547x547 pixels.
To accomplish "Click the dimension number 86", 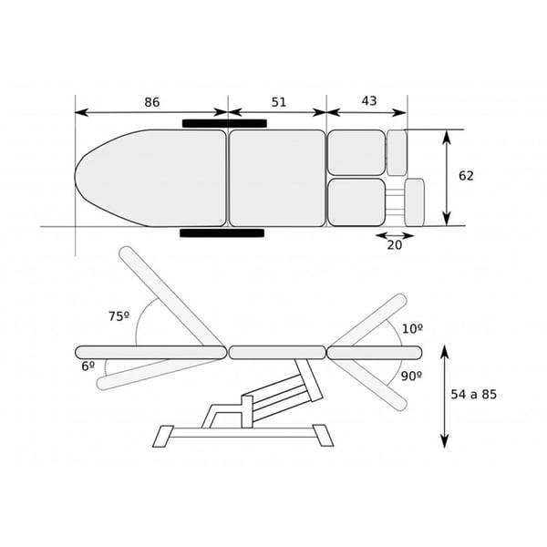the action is [152, 102].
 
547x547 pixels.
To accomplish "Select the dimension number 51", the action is [279, 102].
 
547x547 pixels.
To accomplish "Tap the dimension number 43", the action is [369, 101].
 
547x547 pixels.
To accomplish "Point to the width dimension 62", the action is [466, 176].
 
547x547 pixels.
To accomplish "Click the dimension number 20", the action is [395, 245].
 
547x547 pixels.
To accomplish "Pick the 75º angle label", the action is [119, 316].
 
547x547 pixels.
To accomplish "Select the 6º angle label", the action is [88, 366].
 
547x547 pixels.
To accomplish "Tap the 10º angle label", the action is [413, 328].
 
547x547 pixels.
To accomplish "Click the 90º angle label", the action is [411, 376].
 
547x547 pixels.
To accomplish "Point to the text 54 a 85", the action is [474, 394].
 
